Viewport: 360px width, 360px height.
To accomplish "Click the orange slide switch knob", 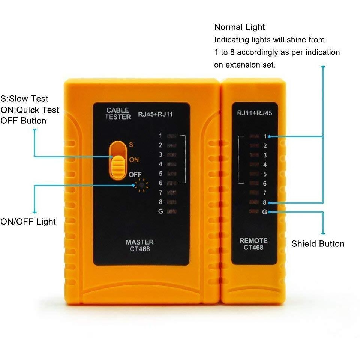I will (x=118, y=164).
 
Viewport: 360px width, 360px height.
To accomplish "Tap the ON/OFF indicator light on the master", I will (x=141, y=184).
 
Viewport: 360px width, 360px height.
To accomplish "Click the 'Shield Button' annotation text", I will (x=318, y=244).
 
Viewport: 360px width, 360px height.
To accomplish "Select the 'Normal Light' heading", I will (x=239, y=27).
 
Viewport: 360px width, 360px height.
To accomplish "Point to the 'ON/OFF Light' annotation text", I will (x=28, y=222).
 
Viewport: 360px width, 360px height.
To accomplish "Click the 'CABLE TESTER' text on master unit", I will (x=118, y=114).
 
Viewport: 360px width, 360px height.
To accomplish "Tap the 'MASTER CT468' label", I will (x=139, y=245).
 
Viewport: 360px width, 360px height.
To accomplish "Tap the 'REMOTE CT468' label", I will (x=253, y=244).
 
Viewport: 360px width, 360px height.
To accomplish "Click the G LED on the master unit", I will (x=171, y=211).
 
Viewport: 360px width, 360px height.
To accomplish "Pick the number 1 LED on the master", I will (x=171, y=135).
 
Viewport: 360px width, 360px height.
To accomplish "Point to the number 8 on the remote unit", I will (x=265, y=202).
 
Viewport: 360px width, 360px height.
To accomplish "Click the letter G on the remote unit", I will (x=265, y=212).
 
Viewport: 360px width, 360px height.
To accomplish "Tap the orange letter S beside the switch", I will (x=131, y=144).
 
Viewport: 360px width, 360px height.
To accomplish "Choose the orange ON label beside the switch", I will (x=134, y=160).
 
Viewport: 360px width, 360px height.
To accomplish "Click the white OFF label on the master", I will (x=135, y=175).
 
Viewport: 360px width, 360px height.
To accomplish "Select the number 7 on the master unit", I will (x=160, y=192).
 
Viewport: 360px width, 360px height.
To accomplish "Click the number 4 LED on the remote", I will (x=254, y=164).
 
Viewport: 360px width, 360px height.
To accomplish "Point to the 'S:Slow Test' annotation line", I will (x=24, y=99).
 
